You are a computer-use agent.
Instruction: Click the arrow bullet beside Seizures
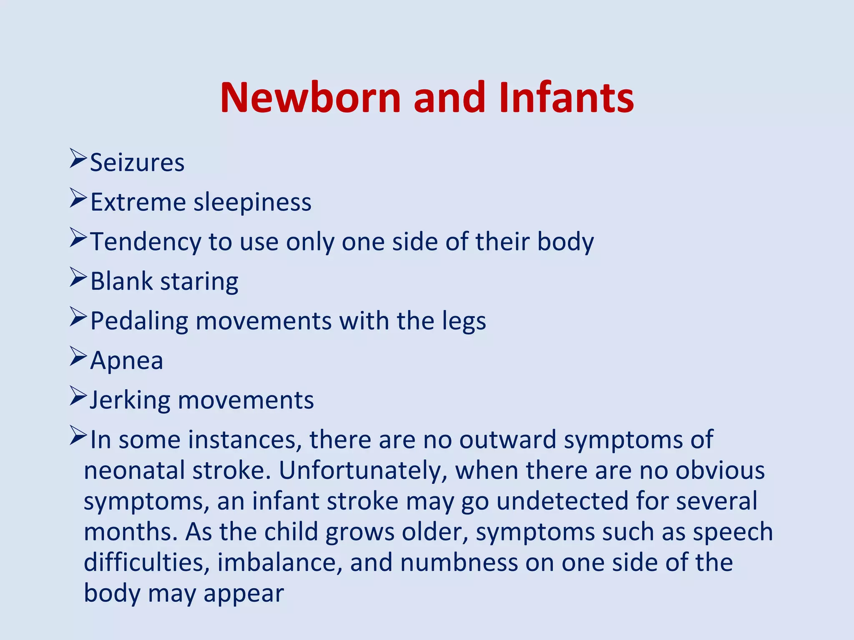coord(78,158)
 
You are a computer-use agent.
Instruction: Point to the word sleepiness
coord(253,202)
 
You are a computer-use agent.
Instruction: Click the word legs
coord(464,322)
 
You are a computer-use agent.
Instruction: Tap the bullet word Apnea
coord(126,361)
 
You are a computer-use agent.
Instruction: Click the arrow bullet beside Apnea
coord(78,356)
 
